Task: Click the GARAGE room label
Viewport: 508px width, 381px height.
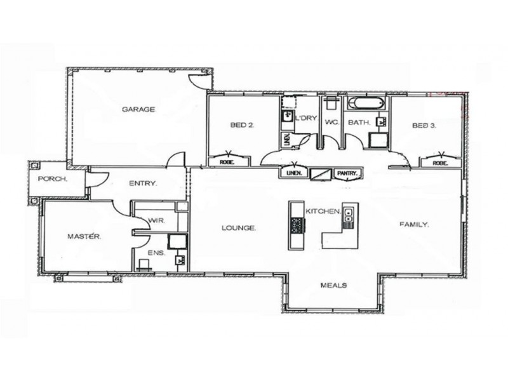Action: (x=138, y=109)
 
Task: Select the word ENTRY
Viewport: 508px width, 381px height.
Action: (x=143, y=184)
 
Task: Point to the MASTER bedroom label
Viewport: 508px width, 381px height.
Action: (x=84, y=236)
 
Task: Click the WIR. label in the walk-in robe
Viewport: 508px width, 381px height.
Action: (x=156, y=220)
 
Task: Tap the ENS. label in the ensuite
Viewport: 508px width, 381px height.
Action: (x=156, y=253)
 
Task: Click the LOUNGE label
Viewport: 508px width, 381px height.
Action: (x=239, y=227)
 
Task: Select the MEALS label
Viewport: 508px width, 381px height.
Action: (x=333, y=285)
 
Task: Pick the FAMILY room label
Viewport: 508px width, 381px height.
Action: (x=414, y=224)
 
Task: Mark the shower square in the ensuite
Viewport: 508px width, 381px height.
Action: (x=176, y=241)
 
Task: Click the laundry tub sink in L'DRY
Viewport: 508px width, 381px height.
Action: (x=286, y=117)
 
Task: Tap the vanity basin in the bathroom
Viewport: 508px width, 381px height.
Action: (x=382, y=120)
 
